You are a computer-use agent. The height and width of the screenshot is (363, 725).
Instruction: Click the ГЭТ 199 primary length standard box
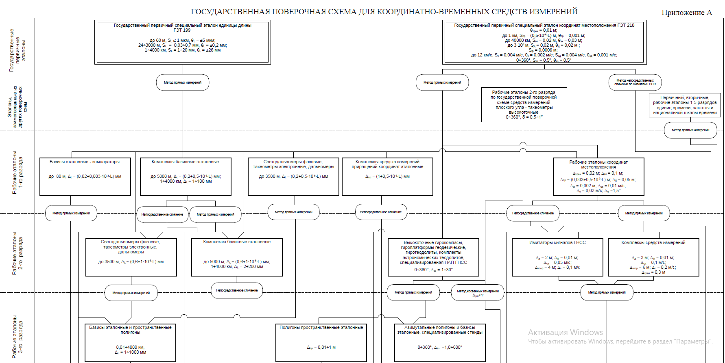pyautogui.click(x=182, y=42)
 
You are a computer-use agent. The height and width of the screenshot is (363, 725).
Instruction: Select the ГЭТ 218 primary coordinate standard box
pyautogui.click(x=544, y=42)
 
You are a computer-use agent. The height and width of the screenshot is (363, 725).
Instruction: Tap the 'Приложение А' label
pyautogui.click(x=686, y=13)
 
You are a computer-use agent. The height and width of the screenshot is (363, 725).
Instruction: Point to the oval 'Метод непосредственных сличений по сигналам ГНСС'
pyautogui.click(x=635, y=82)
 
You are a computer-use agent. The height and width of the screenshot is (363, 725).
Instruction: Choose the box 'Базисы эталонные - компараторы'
pyautogui.click(x=85, y=177)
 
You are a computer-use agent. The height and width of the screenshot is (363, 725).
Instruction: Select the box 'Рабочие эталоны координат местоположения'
pyautogui.click(x=598, y=177)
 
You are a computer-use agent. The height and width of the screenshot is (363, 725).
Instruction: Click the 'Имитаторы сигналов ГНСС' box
pyautogui.click(x=557, y=257)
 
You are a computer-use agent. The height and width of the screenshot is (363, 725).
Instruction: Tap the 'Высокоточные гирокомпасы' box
pyautogui.click(x=433, y=257)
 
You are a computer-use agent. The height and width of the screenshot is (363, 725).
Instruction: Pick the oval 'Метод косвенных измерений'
pyautogui.click(x=478, y=292)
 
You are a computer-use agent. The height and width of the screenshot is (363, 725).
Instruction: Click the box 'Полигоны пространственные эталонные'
pyautogui.click(x=321, y=342)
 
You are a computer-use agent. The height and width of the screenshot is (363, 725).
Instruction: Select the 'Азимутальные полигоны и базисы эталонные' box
pyautogui.click(x=440, y=342)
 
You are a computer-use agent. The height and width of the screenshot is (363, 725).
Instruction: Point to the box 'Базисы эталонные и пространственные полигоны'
pyautogui.click(x=131, y=342)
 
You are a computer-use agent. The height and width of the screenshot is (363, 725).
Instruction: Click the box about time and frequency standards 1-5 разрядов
pyautogui.click(x=685, y=105)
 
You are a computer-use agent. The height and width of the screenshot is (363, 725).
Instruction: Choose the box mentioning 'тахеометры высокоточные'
pyautogui.click(x=524, y=105)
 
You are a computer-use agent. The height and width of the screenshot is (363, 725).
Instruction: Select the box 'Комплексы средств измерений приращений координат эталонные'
pyautogui.click(x=387, y=177)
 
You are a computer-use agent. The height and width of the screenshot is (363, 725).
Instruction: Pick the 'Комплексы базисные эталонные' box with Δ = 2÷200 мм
pyautogui.click(x=237, y=257)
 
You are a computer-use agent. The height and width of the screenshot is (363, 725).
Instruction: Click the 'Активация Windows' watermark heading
pyautogui.click(x=565, y=332)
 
